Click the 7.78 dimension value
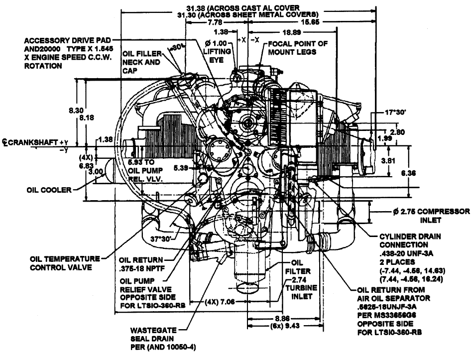(204, 22)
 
